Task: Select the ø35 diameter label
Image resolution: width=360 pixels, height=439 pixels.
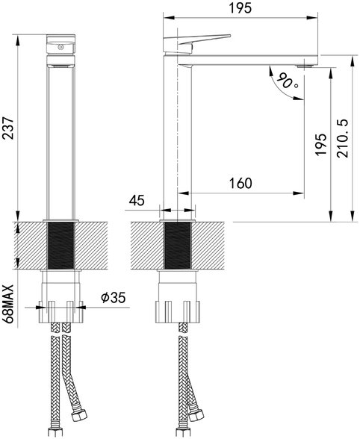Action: (112, 298)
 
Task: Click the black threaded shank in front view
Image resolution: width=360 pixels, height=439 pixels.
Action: (62, 246)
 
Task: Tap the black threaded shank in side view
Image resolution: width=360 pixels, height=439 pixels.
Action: (178, 246)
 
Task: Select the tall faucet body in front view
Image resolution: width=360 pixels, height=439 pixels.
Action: (61, 134)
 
